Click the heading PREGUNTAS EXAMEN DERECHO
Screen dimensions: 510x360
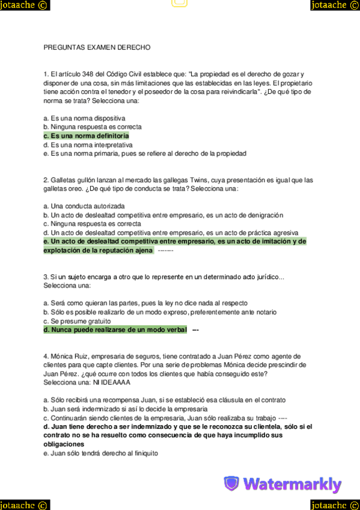click(x=97, y=47)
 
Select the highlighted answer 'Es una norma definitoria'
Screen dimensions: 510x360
click(x=86, y=136)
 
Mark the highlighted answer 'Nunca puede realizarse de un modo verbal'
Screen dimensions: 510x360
click(x=115, y=330)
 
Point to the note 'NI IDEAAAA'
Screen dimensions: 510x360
click(x=112, y=382)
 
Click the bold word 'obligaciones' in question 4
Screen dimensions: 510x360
click(x=63, y=444)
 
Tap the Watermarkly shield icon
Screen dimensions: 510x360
click(x=231, y=484)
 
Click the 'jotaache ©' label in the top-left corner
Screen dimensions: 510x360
click(x=25, y=5)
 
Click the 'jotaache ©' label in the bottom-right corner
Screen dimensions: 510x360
click(x=335, y=504)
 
